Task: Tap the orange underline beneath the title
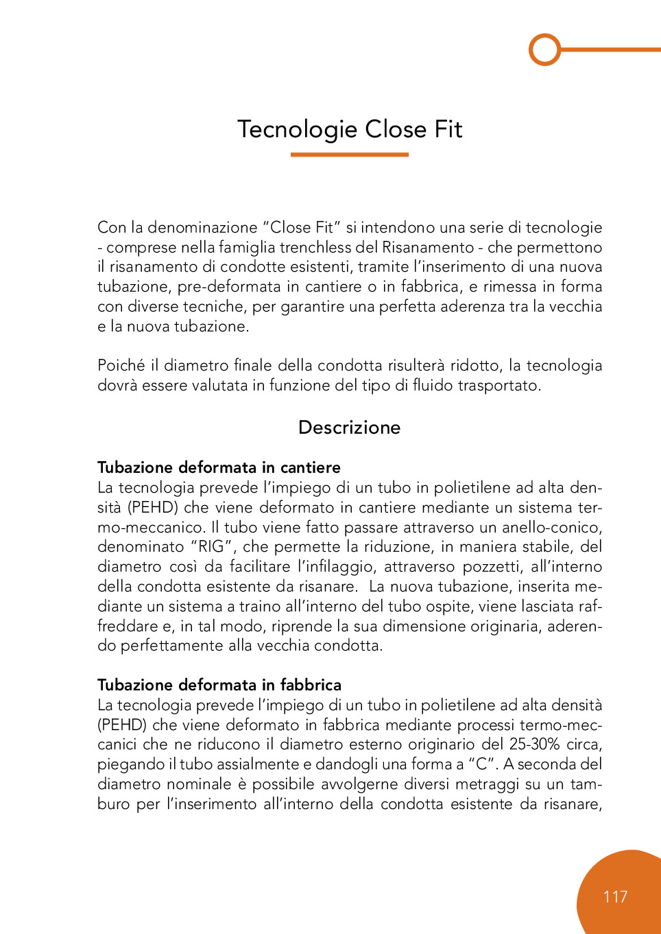click(349, 154)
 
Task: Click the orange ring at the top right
click(545, 49)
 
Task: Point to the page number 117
click(615, 897)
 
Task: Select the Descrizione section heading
click(349, 428)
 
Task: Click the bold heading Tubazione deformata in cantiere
click(219, 467)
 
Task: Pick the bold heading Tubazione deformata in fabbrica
click(219, 685)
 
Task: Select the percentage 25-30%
click(535, 745)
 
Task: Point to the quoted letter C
click(483, 764)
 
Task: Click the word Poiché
click(121, 366)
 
